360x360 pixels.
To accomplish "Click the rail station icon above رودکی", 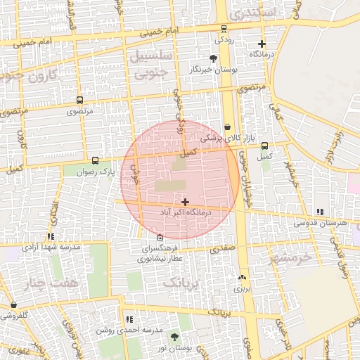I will click(x=224, y=29).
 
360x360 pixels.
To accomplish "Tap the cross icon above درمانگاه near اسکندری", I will click(x=262, y=44).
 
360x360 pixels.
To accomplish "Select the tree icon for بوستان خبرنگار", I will click(x=214, y=58).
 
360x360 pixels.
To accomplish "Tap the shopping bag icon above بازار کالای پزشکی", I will click(x=226, y=127).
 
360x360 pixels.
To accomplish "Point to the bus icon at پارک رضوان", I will click(x=96, y=160).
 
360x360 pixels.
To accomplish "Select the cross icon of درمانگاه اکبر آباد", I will click(x=185, y=202).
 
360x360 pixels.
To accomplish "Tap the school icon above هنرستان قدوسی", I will click(x=321, y=212).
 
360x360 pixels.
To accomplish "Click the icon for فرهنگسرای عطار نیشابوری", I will click(x=160, y=237).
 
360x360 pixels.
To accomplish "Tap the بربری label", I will click(x=242, y=288).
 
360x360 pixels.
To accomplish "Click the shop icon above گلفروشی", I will click(x=14, y=305).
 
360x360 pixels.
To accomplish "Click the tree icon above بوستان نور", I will click(x=174, y=337).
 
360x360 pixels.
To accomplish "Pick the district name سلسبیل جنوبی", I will click(x=149, y=65).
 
